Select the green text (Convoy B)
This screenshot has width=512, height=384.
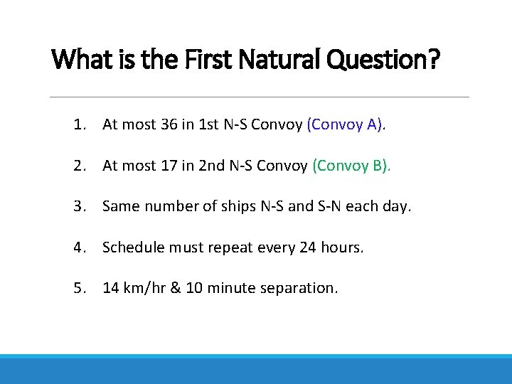click(351, 166)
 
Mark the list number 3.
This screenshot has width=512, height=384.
click(77, 207)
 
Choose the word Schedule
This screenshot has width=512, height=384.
click(131, 247)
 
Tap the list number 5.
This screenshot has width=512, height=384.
click(77, 288)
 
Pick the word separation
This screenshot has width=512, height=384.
click(302, 288)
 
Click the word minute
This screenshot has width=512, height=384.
click(234, 288)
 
